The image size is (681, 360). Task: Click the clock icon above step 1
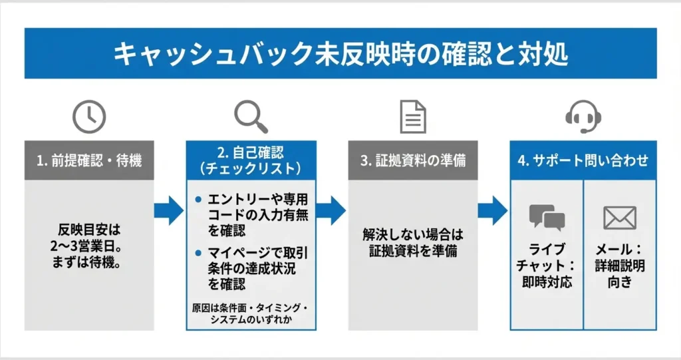coord(89,118)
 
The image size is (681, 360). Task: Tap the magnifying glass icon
coord(251,117)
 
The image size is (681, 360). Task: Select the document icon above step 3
coord(412,117)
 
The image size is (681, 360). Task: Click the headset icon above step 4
coord(583,118)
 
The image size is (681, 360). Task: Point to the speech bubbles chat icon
coord(547,217)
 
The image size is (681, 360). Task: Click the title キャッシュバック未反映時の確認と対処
coord(340,53)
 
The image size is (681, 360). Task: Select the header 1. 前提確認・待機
coord(89,161)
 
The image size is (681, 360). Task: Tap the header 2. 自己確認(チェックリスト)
coord(251,160)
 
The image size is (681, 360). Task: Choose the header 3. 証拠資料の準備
coord(412,161)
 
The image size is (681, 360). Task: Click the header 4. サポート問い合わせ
coord(583,161)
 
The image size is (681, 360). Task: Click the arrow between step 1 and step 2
coord(169,211)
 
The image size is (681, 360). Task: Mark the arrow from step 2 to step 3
coord(331,211)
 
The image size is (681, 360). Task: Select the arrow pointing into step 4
coord(493,211)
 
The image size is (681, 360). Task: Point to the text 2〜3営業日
coord(90,244)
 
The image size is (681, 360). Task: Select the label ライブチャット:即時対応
coord(547,266)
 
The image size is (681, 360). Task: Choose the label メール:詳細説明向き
coord(620,266)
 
